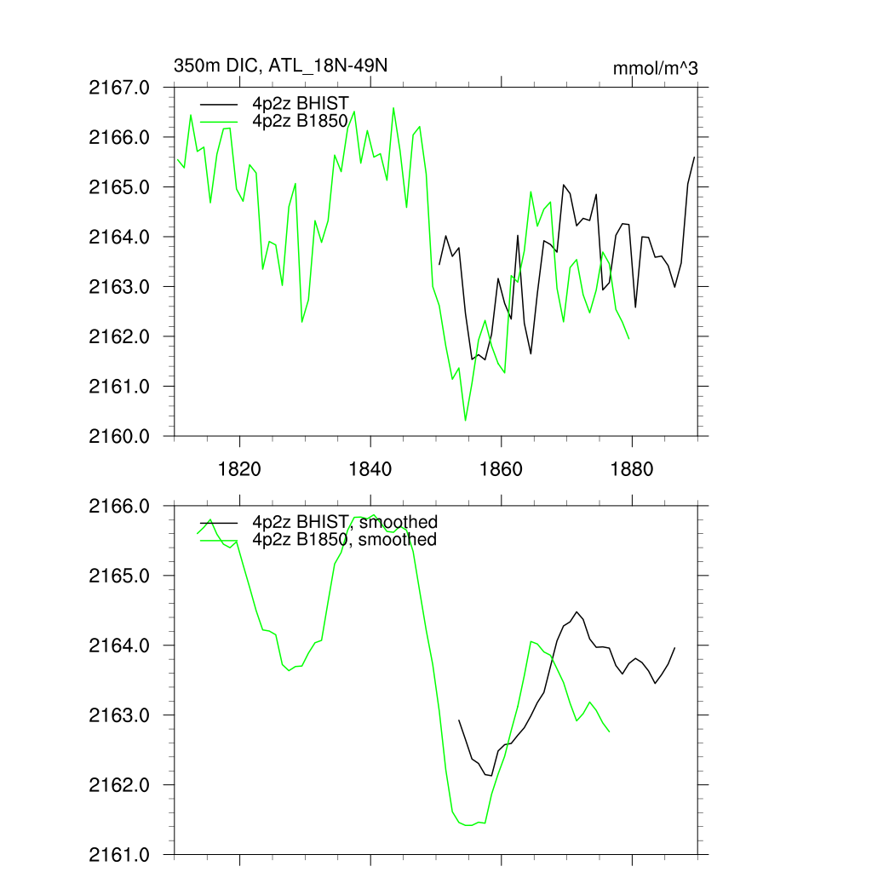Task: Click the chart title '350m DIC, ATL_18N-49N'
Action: point(280,66)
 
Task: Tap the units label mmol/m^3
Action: point(655,68)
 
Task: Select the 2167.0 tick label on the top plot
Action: point(126,87)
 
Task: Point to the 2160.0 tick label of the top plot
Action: point(126,437)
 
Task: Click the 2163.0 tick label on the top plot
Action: point(126,287)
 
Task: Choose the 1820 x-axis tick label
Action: point(240,469)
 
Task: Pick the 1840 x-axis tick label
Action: point(371,469)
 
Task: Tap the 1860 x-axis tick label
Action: point(502,469)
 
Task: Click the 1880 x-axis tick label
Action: point(633,469)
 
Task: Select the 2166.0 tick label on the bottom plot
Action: point(126,506)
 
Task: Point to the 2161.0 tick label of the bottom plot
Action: point(126,854)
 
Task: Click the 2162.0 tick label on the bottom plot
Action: point(126,784)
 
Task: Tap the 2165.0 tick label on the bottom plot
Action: point(126,576)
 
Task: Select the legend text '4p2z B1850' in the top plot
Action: point(301,122)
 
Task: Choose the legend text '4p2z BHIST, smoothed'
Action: point(344,522)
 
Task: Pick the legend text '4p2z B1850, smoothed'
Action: point(343,539)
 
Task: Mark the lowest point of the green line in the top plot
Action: point(465,421)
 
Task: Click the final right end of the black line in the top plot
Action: point(694,158)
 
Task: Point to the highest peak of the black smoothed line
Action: point(577,611)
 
